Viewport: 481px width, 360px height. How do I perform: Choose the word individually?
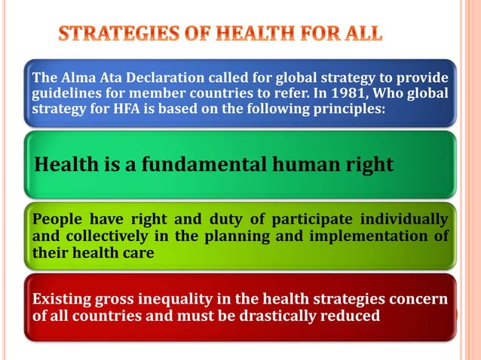(403, 219)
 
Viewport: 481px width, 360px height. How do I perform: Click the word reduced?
(351, 316)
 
